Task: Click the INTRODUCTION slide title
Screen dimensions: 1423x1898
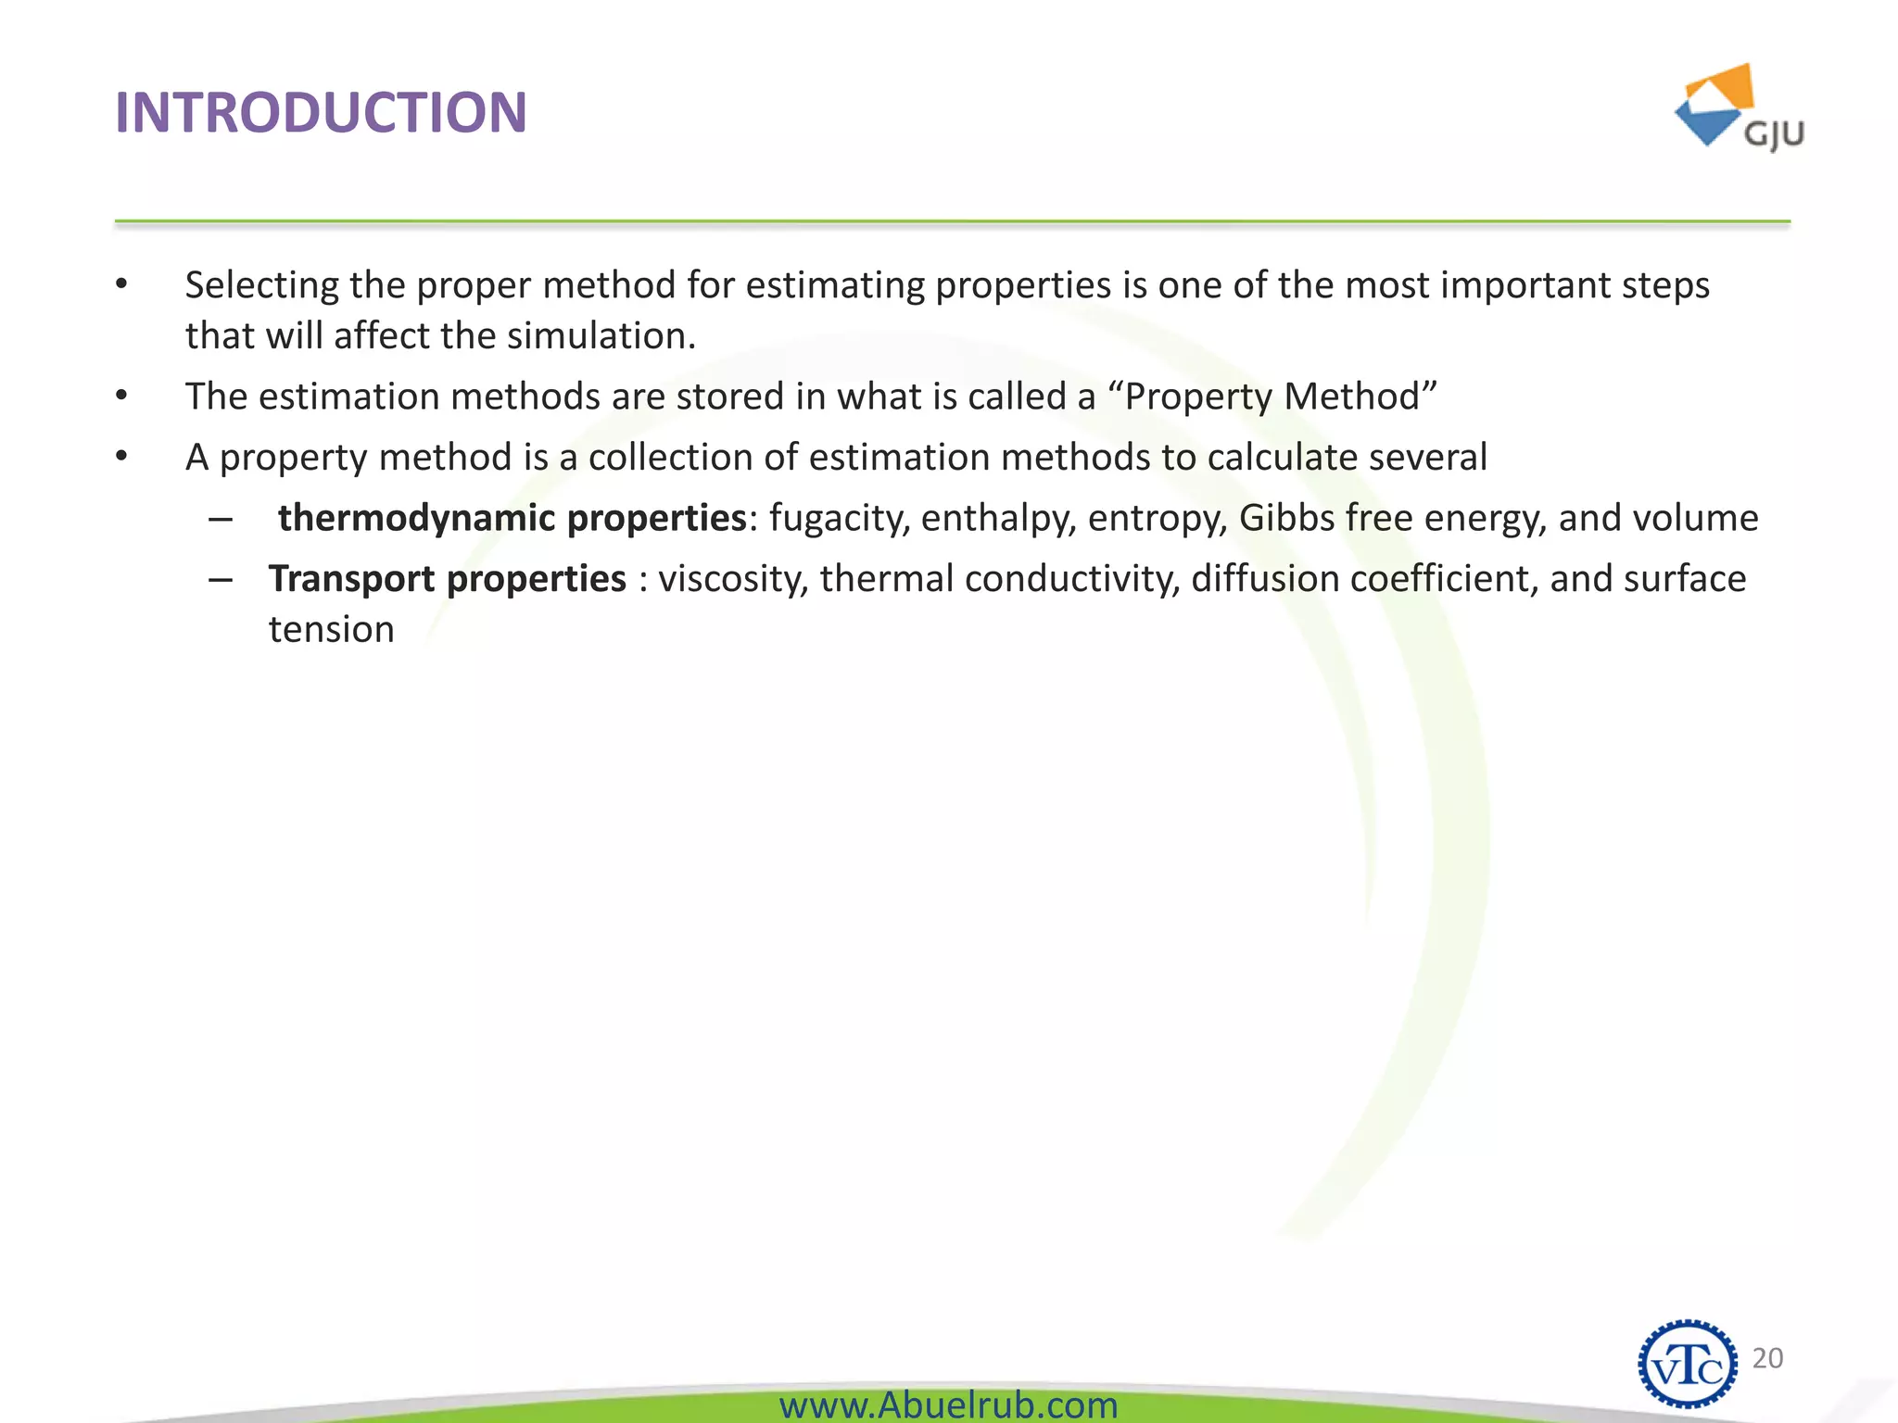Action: [321, 113]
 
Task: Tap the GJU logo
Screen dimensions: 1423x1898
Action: [1740, 109]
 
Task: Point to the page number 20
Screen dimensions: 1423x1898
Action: [1767, 1358]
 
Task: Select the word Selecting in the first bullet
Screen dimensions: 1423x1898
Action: [261, 285]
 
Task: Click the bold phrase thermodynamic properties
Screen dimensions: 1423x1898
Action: [512, 518]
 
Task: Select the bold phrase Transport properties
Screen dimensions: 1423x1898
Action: [448, 579]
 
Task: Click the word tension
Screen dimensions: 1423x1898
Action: [332, 630]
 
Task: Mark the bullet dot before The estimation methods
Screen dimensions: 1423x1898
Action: [121, 397]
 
